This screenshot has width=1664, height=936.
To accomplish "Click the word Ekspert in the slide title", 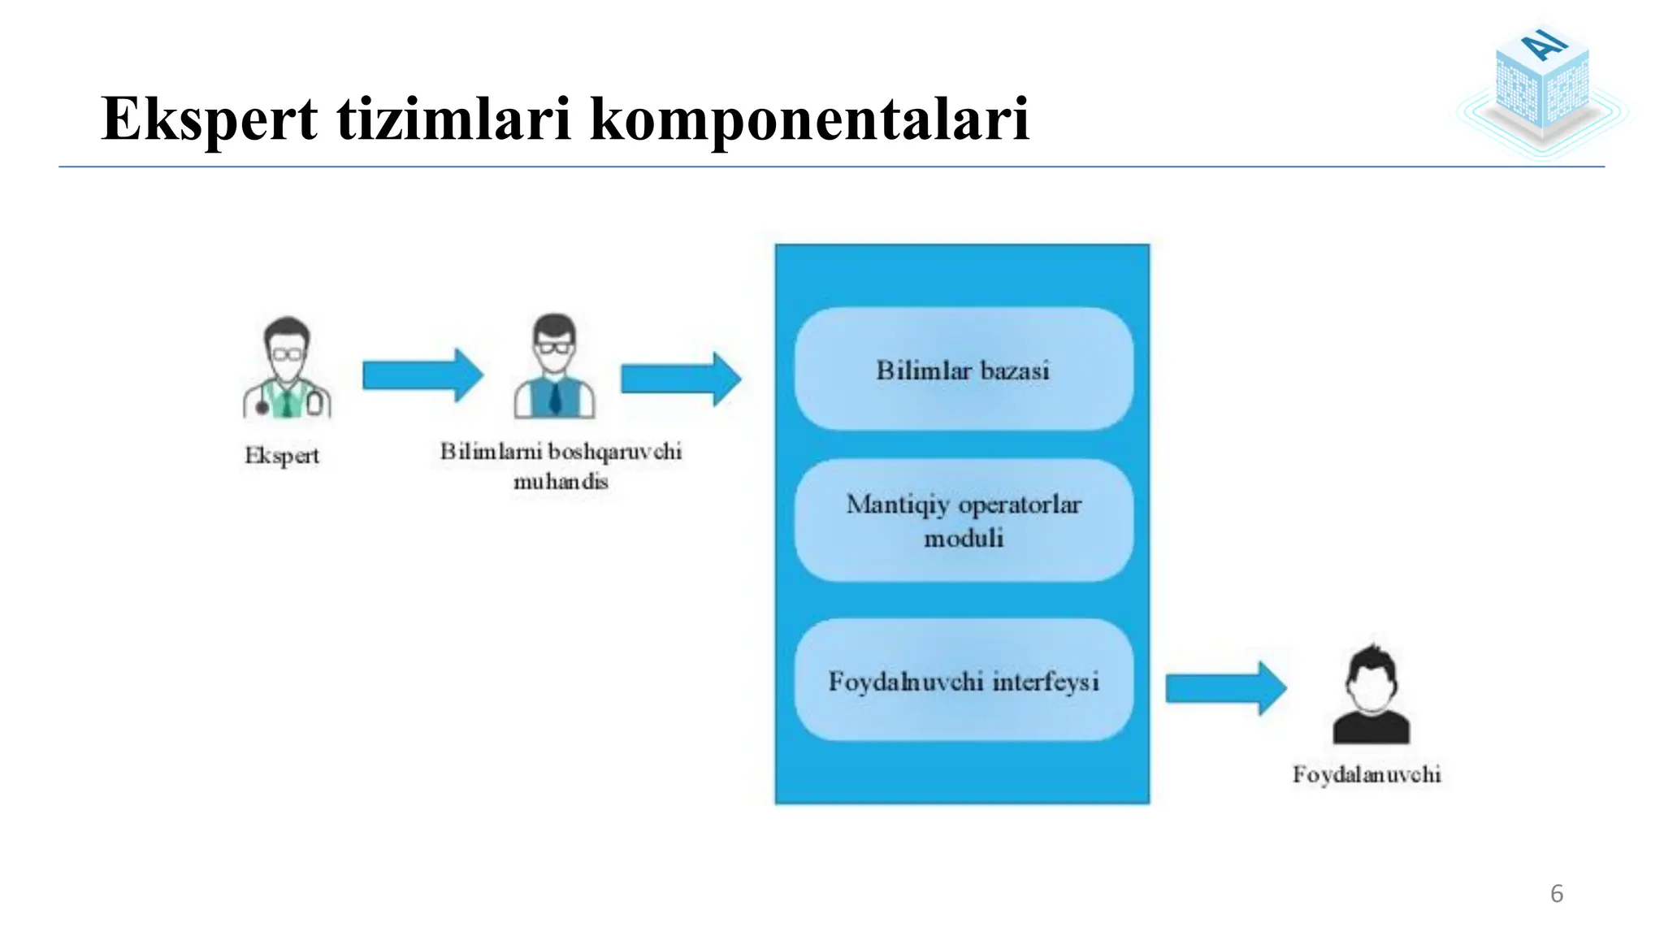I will pos(209,119).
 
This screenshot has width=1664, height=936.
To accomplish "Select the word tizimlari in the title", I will pos(453,119).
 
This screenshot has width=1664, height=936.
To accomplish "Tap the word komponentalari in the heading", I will pos(809,119).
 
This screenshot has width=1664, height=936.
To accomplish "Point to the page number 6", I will pos(1556,894).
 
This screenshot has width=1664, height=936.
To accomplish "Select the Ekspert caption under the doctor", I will pos(282,456).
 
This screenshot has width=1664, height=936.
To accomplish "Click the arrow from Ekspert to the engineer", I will pos(422,375).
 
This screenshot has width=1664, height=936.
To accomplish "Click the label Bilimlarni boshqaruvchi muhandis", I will pos(561,466).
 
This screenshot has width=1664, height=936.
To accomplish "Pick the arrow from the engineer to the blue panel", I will pos(681,379).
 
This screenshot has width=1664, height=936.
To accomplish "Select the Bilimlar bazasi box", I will pos(964,369).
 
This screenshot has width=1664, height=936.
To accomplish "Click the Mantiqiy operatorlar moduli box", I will pos(964,520).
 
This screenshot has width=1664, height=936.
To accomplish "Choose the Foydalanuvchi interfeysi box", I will pos(964,680).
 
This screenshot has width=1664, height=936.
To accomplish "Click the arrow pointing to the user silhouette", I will pos(1225,688).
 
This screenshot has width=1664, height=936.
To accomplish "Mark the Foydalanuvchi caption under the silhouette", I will pos(1367,774).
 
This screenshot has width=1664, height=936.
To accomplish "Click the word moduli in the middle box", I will pos(964,538).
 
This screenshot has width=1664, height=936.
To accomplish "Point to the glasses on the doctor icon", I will pos(287,354).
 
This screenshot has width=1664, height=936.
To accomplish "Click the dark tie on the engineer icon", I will pos(555,397).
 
